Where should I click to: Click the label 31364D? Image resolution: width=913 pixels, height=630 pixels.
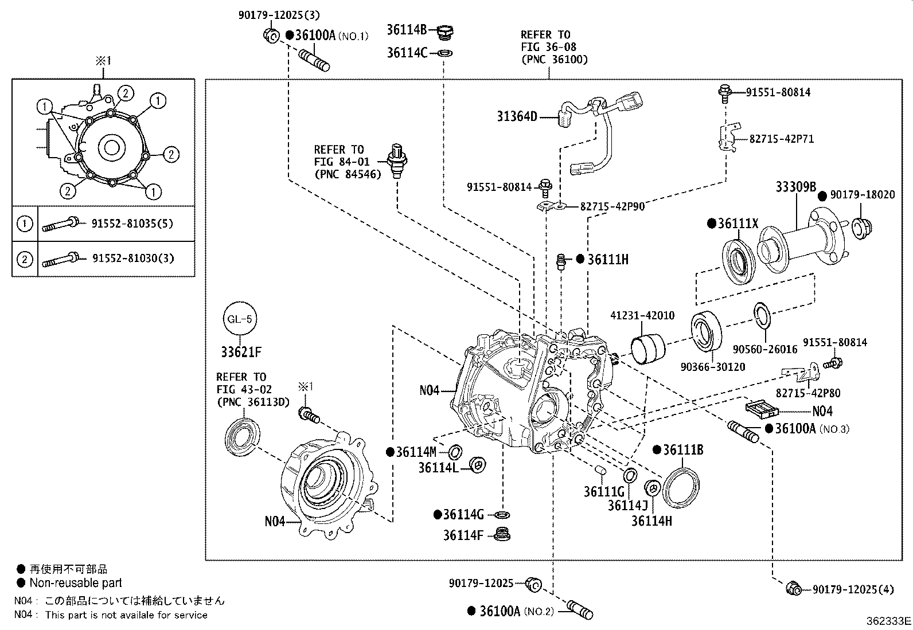pos(517,117)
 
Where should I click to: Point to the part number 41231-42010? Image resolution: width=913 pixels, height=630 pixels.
pos(642,315)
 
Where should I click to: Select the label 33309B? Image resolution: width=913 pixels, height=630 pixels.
pos(795,187)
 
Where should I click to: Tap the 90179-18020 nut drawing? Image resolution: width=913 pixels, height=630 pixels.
pos(860,226)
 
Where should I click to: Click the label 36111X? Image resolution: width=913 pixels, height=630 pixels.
pos(738,224)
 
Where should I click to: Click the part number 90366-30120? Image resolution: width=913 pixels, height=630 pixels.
pos(713,366)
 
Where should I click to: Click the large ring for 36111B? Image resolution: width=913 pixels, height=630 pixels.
pos(681,487)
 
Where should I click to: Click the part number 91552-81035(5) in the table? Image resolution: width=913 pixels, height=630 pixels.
pos(132,224)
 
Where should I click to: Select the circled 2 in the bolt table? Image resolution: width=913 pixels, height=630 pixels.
pos(25,259)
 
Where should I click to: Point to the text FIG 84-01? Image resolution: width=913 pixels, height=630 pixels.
pos(342,162)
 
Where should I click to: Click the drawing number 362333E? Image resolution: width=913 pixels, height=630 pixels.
pos(888,620)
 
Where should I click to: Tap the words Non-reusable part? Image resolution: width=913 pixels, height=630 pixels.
pos(76,583)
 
